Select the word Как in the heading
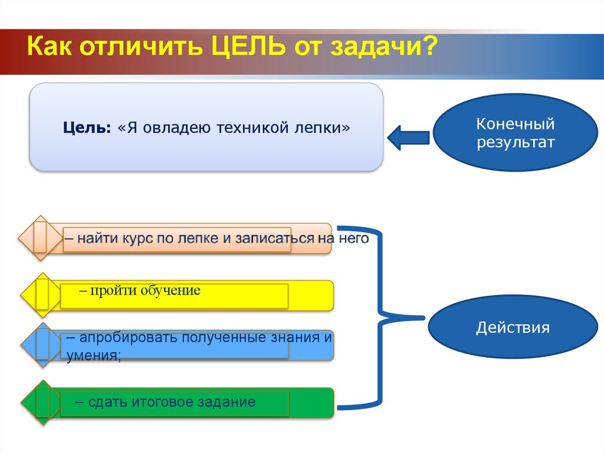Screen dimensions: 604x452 pyautogui.click(x=52, y=47)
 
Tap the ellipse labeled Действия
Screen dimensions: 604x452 pyautogui.click(x=513, y=328)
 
